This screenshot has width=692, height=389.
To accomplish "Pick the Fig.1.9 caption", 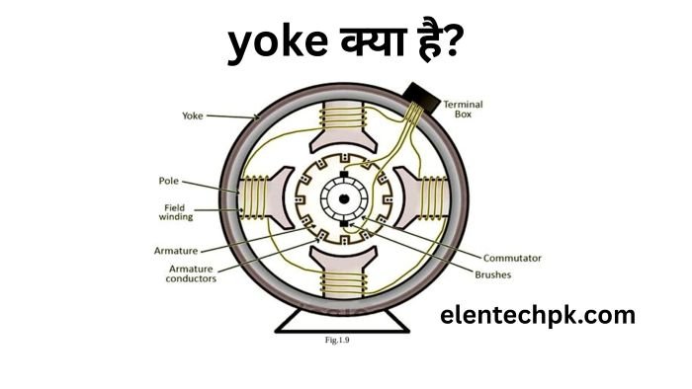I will (x=338, y=341).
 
